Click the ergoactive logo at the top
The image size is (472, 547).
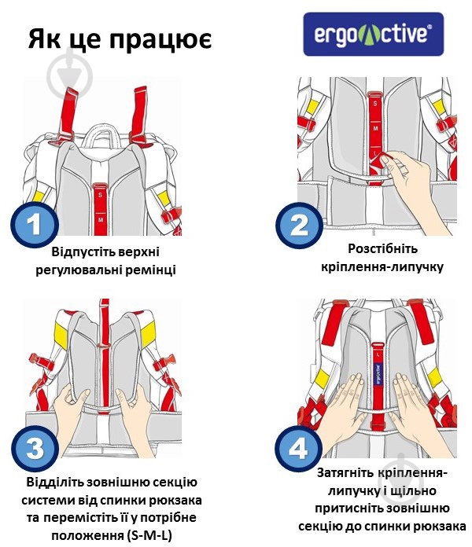[x=373, y=35]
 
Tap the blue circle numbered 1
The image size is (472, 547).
[x=35, y=224]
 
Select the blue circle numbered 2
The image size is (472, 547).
[x=299, y=226]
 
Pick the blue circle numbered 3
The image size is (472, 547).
[x=35, y=448]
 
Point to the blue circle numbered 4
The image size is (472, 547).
[x=299, y=448]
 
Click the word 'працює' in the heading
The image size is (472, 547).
[x=160, y=39]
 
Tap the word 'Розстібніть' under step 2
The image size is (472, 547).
[x=382, y=248]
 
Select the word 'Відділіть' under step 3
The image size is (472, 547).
[x=55, y=482]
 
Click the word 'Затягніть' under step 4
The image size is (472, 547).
[x=345, y=472]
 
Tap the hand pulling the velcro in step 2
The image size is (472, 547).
[x=412, y=189]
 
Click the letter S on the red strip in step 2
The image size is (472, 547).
[x=375, y=104]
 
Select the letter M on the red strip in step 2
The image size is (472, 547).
[x=375, y=129]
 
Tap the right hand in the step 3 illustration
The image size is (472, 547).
[x=134, y=419]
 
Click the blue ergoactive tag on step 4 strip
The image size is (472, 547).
[x=378, y=374]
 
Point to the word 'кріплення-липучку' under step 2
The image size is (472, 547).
[x=382, y=267]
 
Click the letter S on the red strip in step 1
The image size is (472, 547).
[x=100, y=195]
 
